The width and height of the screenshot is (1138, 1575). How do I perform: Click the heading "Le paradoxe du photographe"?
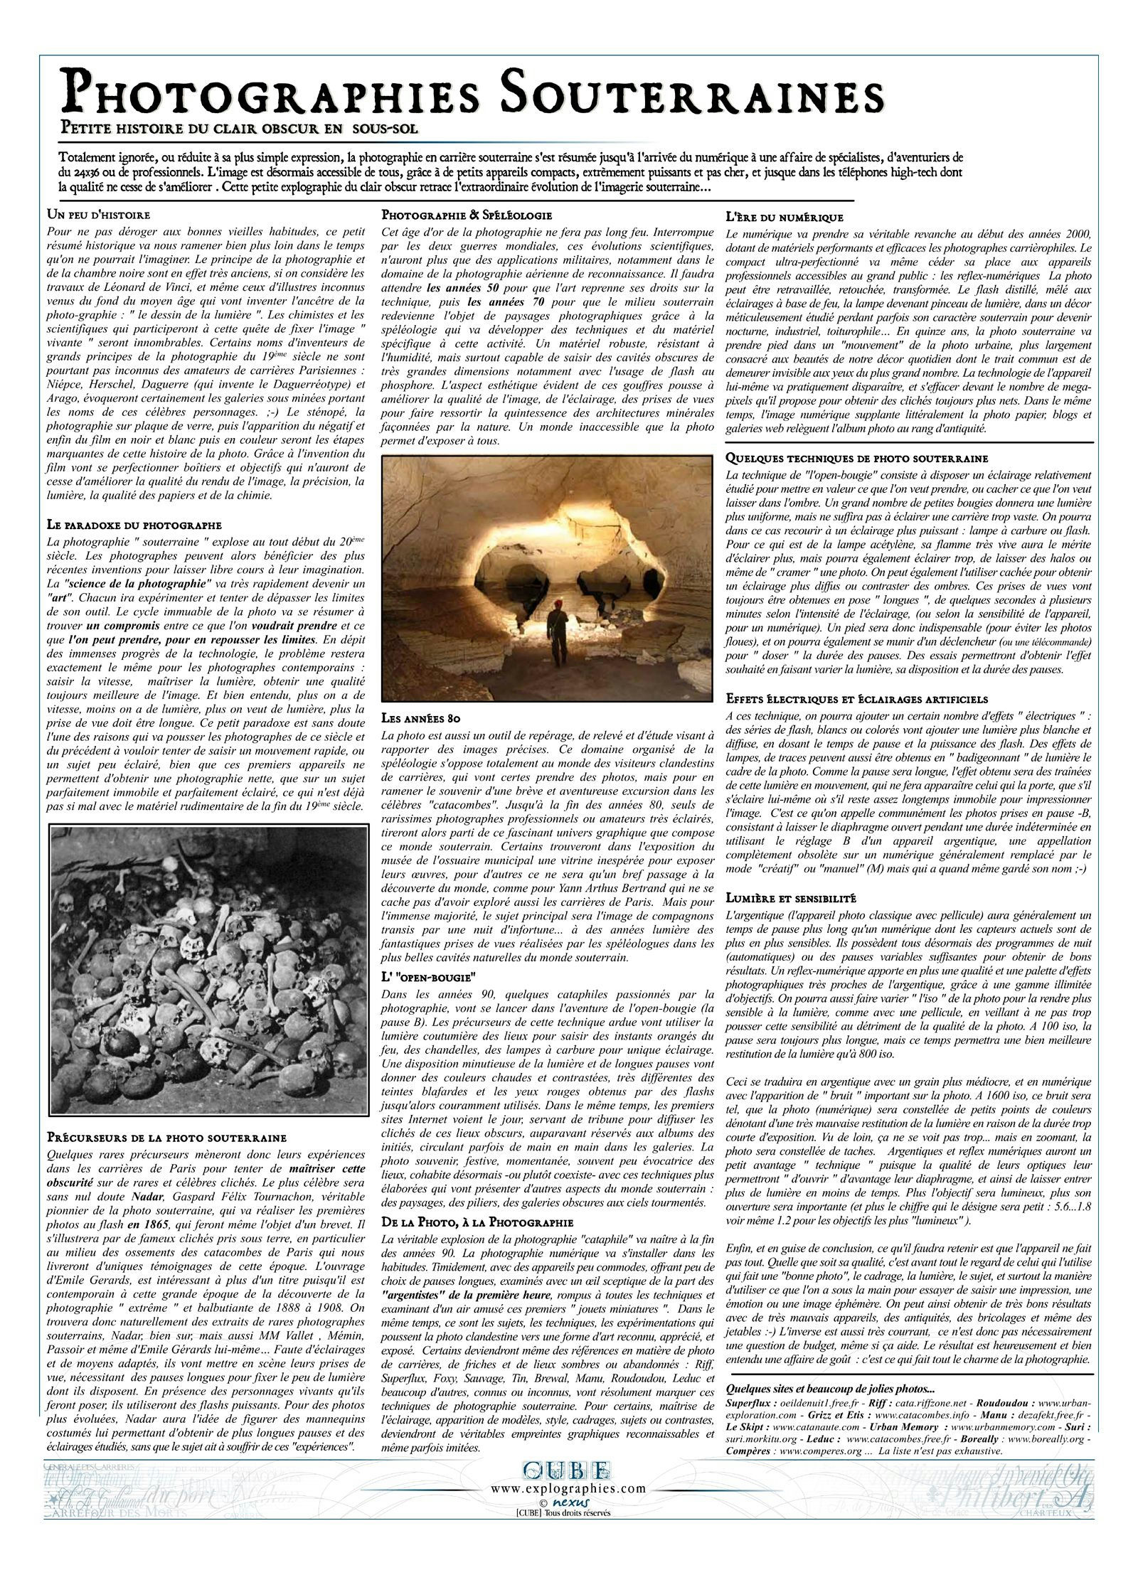click(134, 525)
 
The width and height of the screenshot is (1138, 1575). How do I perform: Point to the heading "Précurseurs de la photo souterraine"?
click(166, 1138)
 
